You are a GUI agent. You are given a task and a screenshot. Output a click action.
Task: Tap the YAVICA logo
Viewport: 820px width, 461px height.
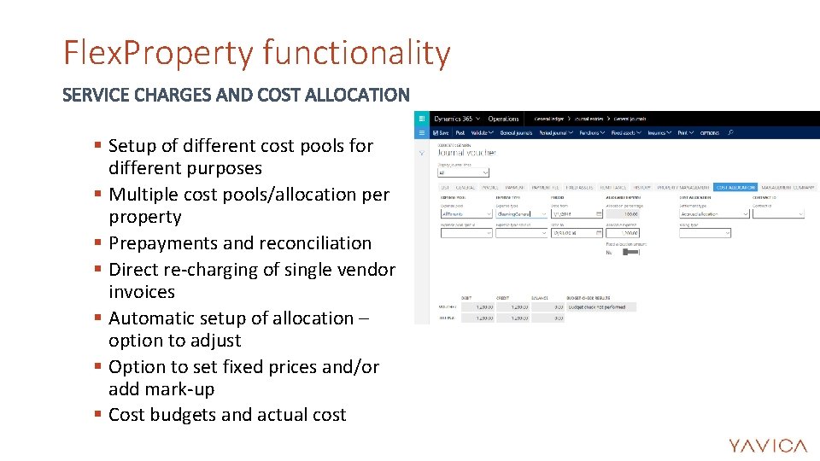pyautogui.click(x=767, y=446)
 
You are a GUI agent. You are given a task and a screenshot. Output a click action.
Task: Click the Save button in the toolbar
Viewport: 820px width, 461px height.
pyautogui.click(x=442, y=132)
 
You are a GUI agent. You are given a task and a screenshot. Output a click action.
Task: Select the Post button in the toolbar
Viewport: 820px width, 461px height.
pyautogui.click(x=460, y=132)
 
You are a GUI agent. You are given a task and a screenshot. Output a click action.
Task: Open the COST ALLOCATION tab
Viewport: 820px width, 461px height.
pyautogui.click(x=735, y=187)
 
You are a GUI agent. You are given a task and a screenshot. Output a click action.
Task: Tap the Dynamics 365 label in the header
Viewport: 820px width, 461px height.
pyautogui.click(x=454, y=119)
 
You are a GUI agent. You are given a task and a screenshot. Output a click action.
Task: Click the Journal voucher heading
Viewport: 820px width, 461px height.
pyautogui.click(x=466, y=153)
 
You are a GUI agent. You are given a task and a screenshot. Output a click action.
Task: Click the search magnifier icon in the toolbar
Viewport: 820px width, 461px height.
pyautogui.click(x=730, y=132)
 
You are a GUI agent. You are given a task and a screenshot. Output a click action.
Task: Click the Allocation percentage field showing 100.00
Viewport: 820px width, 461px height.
pyautogui.click(x=623, y=214)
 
